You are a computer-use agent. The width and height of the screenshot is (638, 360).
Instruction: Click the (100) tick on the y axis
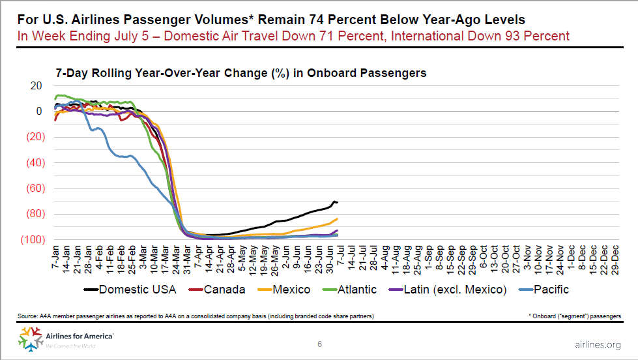coord(33,239)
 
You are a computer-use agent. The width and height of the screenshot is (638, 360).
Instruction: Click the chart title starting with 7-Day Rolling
coord(240,73)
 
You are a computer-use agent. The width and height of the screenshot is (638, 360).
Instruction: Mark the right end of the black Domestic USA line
coord(337,202)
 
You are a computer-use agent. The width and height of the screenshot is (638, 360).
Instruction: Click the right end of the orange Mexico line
coord(337,218)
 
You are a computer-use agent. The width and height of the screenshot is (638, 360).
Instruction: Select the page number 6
coord(319,344)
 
